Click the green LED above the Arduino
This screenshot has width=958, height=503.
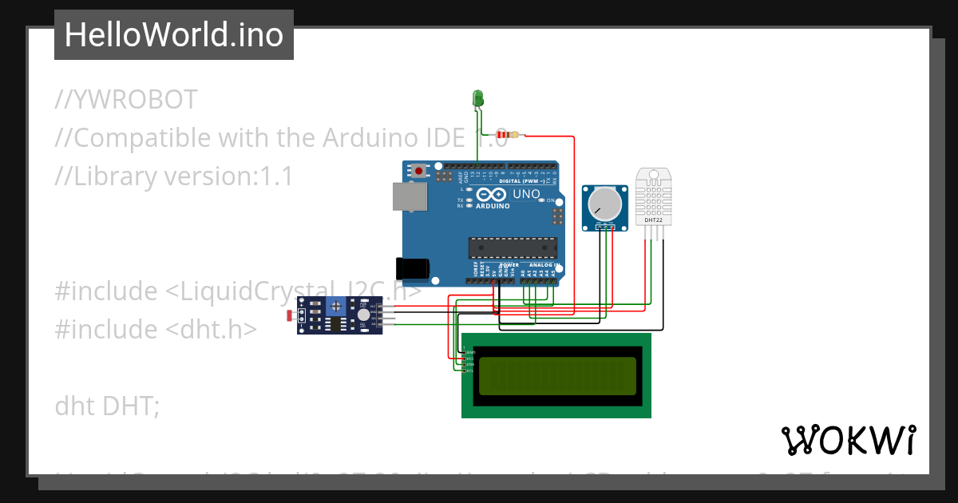point(478,97)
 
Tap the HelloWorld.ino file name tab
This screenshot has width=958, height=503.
point(174,35)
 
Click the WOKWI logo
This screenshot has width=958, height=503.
point(848,441)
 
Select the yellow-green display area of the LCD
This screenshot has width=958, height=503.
point(557,376)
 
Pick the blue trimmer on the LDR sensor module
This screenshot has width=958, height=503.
point(336,305)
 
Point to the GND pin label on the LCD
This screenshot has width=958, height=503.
point(470,352)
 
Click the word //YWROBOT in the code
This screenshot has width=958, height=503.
point(126,100)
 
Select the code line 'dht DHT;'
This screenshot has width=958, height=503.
point(108,406)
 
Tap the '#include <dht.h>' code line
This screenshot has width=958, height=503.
point(156,330)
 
